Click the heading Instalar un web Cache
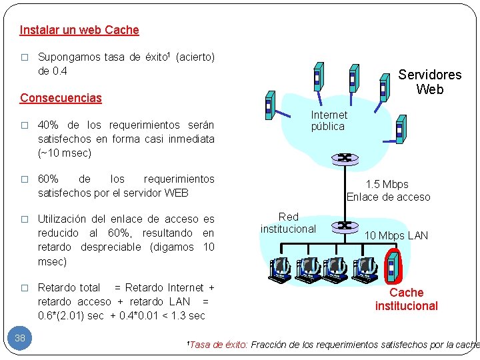[79, 30]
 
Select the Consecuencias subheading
[61, 98]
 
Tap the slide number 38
[20, 338]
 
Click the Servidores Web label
[429, 82]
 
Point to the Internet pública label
[329, 121]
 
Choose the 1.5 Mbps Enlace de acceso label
[388, 190]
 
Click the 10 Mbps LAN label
[396, 235]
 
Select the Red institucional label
[288, 223]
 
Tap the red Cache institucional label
[406, 299]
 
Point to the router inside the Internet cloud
[345, 158]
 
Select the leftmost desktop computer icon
[280, 269]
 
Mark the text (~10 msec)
[65, 153]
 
